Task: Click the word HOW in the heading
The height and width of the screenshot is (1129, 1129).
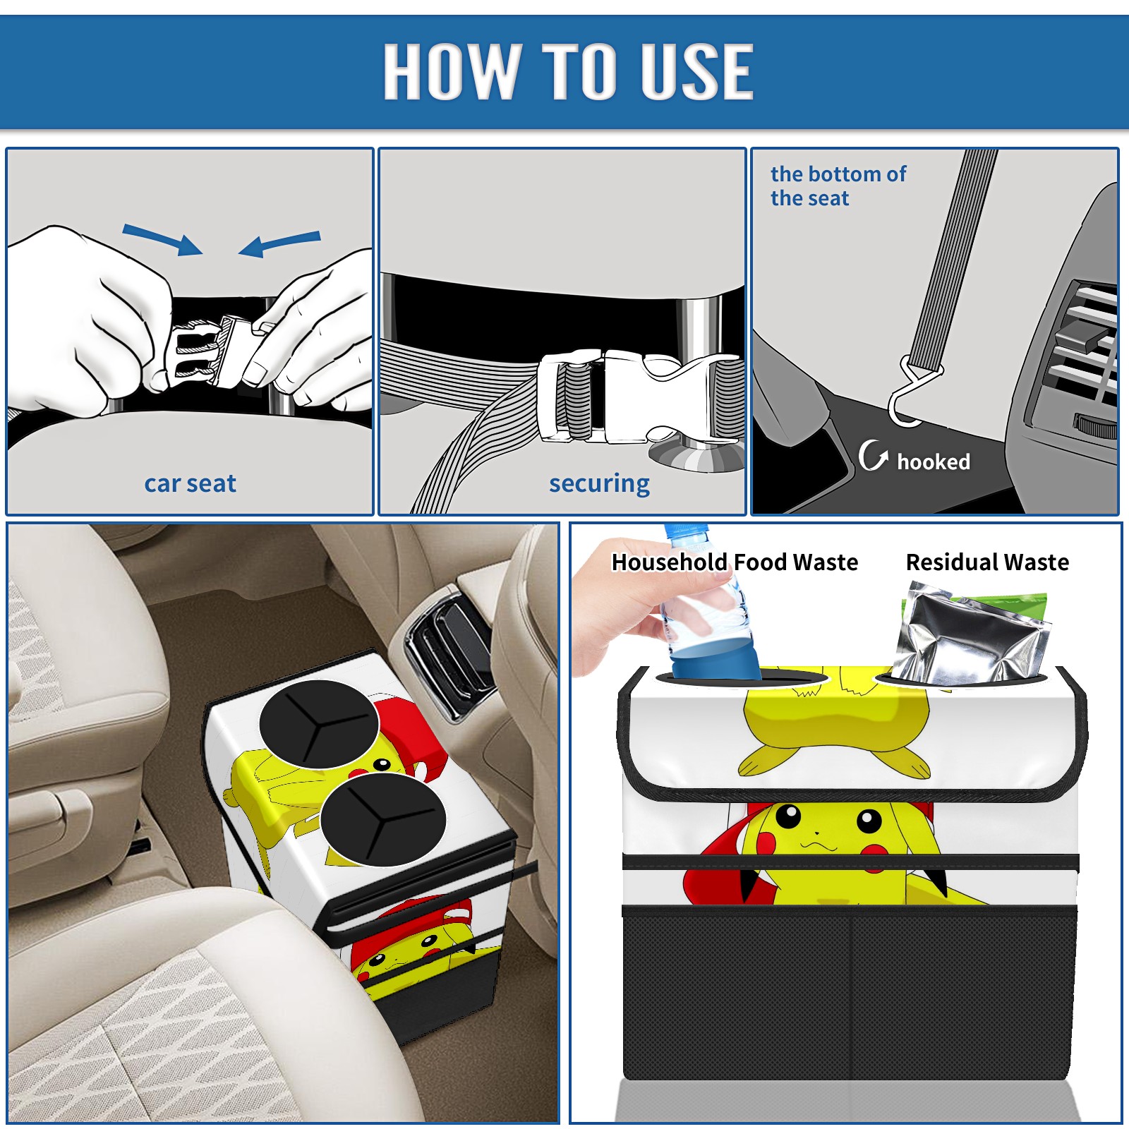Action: click(x=452, y=71)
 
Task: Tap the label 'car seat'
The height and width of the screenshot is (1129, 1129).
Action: click(x=190, y=483)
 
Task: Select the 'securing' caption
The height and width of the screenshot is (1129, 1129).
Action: click(x=599, y=484)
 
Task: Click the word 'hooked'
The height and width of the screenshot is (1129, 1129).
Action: click(x=934, y=461)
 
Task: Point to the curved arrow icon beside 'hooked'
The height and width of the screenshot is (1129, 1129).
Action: click(x=872, y=455)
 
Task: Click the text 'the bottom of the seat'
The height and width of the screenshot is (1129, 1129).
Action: click(x=838, y=186)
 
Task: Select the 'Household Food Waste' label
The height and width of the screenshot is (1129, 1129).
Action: click(x=735, y=562)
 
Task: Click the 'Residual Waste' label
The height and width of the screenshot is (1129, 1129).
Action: click(x=987, y=562)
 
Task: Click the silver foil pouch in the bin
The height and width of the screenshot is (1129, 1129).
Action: click(x=970, y=635)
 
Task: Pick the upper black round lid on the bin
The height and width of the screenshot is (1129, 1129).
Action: click(x=320, y=725)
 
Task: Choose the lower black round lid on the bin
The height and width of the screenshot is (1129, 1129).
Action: click(x=383, y=819)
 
